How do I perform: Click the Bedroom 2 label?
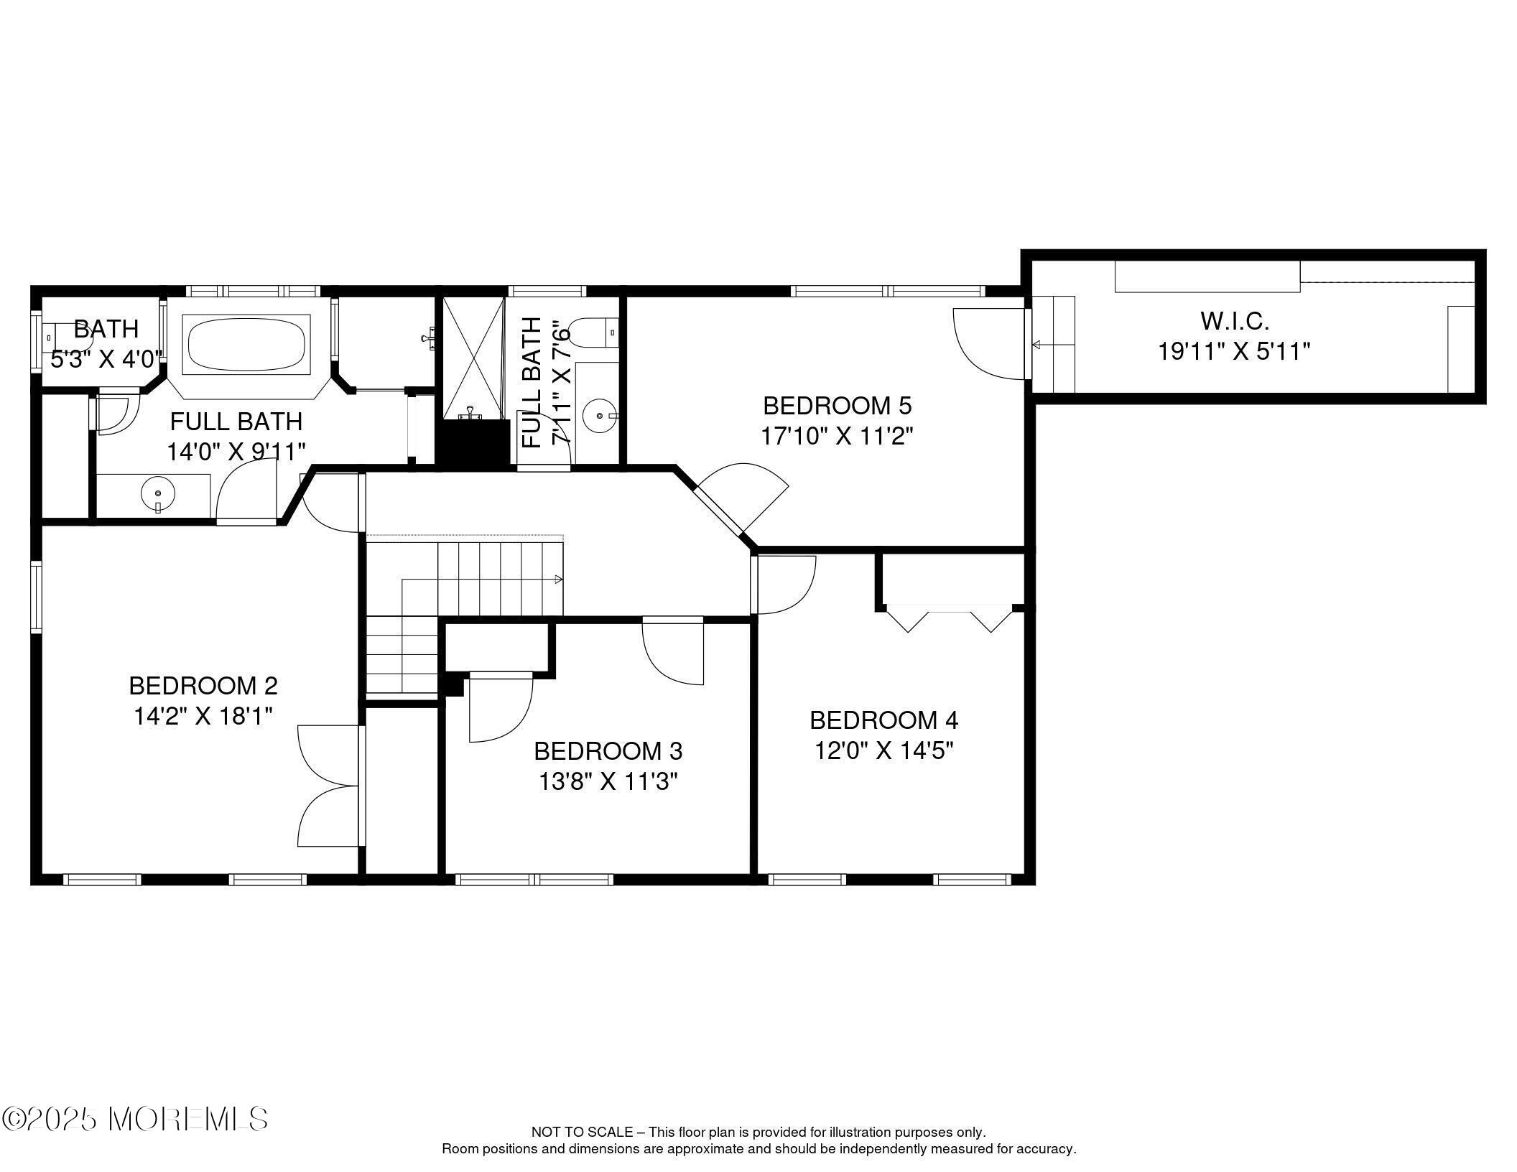click(203, 686)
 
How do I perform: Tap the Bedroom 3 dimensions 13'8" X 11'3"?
click(608, 781)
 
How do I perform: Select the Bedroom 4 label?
click(883, 720)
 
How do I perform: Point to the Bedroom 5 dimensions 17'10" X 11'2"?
click(837, 436)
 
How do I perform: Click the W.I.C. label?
click(1234, 320)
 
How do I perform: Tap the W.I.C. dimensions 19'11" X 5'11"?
click(1234, 352)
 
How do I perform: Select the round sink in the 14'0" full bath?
click(157, 494)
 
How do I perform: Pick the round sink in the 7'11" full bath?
click(598, 415)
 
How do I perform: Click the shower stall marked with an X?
click(473, 358)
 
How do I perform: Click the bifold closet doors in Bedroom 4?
click(950, 618)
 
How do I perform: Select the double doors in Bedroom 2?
click(328, 786)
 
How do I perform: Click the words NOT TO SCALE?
click(582, 1133)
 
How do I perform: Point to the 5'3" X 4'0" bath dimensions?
click(107, 359)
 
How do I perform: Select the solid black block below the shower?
click(473, 445)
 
